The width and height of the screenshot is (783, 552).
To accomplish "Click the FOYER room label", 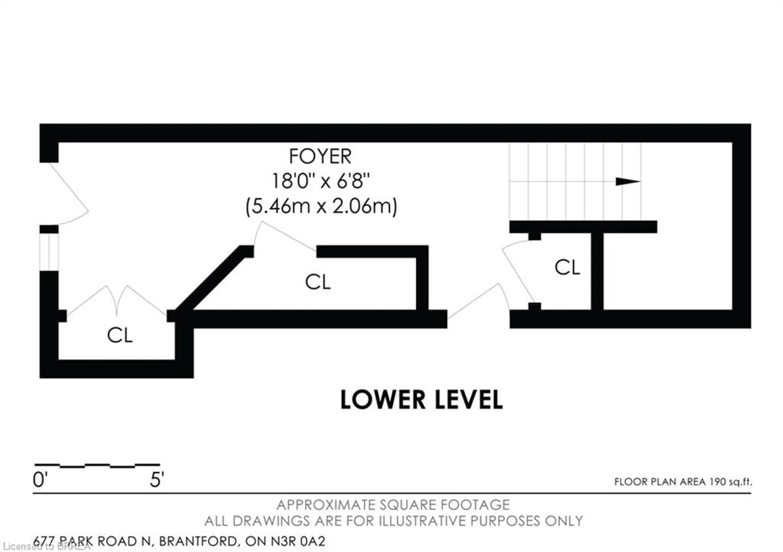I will [320, 157].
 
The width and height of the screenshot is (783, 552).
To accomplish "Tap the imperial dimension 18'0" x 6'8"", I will [321, 181].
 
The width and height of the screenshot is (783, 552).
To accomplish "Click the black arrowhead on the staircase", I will [627, 181].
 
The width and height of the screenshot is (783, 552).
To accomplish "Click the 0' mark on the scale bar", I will [40, 480].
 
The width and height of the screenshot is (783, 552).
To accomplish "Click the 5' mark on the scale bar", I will [157, 480].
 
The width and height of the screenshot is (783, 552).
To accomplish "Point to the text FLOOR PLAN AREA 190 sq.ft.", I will [683, 482].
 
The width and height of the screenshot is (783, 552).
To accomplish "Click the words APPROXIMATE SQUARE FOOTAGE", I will [393, 505].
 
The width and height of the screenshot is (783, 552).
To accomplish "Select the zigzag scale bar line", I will [97, 465].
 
